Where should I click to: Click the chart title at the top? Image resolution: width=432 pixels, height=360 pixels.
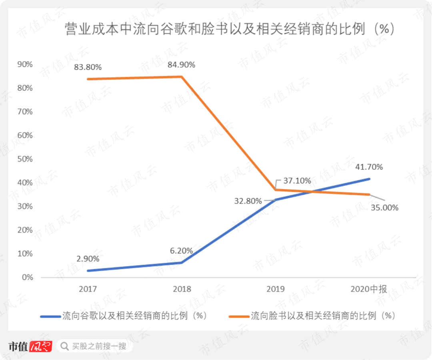point(230,29)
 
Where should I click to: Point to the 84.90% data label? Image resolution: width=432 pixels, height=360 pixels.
point(182,64)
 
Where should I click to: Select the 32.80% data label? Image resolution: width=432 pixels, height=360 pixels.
point(248,201)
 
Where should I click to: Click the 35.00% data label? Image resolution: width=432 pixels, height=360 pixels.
point(384,207)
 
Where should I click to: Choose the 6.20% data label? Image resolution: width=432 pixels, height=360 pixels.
point(181,251)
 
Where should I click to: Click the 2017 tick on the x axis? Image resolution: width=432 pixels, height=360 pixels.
point(88,289)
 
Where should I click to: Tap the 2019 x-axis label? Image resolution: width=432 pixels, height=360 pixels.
point(276,289)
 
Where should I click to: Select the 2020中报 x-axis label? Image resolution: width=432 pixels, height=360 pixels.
point(368,289)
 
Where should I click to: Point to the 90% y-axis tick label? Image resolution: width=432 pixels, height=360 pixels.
point(25,64)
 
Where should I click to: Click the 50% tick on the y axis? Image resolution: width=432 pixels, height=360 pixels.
point(25,159)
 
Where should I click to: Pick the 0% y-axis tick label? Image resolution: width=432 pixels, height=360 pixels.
point(27,277)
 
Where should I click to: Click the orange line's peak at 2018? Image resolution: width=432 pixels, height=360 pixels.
point(182,76)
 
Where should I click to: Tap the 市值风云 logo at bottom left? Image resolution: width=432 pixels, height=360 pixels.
point(30,346)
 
